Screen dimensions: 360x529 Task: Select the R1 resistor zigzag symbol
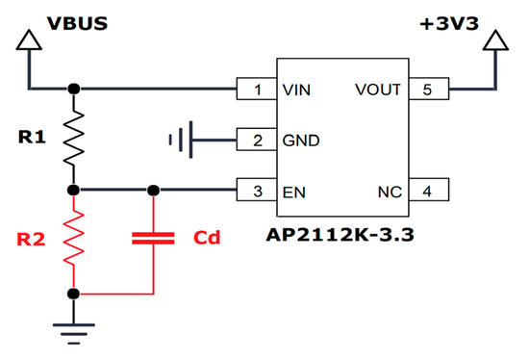(74, 138)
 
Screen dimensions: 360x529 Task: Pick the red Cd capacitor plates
(151, 237)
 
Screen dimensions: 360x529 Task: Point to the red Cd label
(208, 237)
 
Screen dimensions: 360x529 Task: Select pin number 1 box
(258, 90)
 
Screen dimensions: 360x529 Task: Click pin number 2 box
(258, 141)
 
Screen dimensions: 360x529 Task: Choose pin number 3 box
(258, 191)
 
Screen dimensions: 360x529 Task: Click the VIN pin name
(295, 90)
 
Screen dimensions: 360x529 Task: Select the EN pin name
(293, 191)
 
